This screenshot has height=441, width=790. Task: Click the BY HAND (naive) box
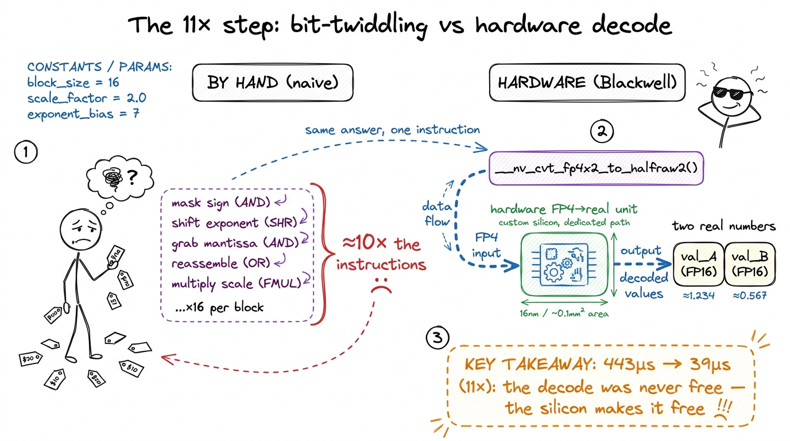[x=273, y=83]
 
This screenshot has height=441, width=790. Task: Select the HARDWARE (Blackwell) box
[x=587, y=83]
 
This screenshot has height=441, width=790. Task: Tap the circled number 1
[x=26, y=152]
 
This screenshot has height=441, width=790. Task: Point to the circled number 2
[x=602, y=131]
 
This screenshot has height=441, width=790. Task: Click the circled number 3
[x=437, y=338]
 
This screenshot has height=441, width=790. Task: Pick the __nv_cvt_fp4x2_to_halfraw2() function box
[x=596, y=168]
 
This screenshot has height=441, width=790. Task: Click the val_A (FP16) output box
[x=699, y=264]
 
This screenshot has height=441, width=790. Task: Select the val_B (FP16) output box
[x=750, y=264]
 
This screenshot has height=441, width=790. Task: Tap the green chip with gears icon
[x=564, y=264]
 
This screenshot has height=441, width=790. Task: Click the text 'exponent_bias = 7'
[x=84, y=114]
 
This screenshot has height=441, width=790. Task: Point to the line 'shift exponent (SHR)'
[x=234, y=223]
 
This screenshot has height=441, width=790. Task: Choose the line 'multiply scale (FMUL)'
[x=237, y=284]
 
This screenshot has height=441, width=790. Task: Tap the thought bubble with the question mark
[x=120, y=178]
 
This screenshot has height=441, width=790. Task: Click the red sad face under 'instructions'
[x=381, y=285]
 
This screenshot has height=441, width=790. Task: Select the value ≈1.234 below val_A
[x=699, y=296]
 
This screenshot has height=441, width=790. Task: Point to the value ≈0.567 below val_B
[x=750, y=295]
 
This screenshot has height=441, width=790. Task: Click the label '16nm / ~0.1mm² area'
[x=564, y=314]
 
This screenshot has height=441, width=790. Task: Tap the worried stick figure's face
[x=81, y=230]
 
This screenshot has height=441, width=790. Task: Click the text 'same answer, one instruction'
[x=392, y=130]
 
